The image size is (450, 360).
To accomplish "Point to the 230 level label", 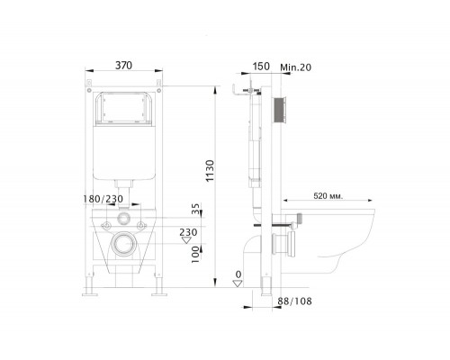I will point(187,232).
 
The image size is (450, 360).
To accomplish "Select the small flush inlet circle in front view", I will point(124,219).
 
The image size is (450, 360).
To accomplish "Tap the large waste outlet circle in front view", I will point(125,243).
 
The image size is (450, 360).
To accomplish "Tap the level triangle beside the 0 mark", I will point(238,282).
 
